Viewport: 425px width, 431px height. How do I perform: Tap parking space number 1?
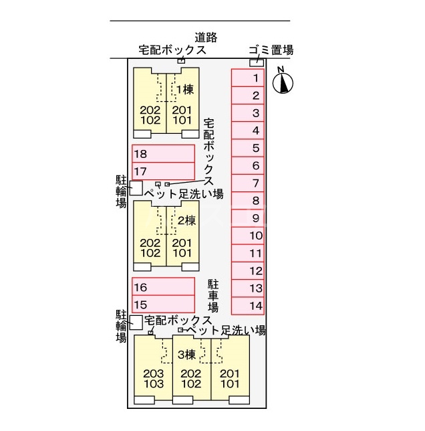tap(248, 78)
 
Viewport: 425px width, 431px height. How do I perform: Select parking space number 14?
tap(248, 306)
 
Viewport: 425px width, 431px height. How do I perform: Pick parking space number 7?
tap(248, 183)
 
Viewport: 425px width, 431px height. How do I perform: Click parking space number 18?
tap(163, 154)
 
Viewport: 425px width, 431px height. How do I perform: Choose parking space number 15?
tap(163, 304)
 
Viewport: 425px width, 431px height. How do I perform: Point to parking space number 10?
tap(248, 236)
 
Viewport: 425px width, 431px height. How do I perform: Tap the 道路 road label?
tap(206, 37)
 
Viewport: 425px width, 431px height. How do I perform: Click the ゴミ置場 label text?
tap(270, 50)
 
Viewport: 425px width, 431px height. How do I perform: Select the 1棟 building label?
tap(184, 90)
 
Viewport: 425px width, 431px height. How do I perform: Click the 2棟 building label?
tap(186, 220)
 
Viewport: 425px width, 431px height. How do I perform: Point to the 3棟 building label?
tap(186, 354)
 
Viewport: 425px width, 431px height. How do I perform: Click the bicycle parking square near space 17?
tap(136, 188)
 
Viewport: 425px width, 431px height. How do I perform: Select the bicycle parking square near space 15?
tap(136, 322)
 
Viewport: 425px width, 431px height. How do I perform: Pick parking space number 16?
tap(163, 287)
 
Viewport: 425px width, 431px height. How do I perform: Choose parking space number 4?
tap(248, 131)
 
